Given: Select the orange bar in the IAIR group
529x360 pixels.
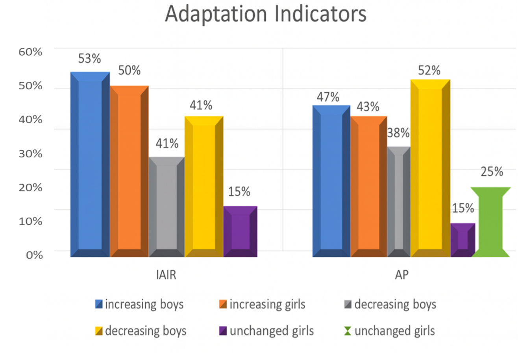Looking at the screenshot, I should point(129,171).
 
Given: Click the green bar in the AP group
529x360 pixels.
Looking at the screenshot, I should point(490,222).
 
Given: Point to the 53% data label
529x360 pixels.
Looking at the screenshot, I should point(90,59).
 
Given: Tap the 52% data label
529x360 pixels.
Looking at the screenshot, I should point(429,70).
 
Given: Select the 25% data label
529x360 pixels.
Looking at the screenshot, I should point(492,172).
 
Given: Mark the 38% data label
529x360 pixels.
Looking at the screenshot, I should point(398,133).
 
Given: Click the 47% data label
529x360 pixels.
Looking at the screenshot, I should point(328,97).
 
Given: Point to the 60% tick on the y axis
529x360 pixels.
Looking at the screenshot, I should point(30,52).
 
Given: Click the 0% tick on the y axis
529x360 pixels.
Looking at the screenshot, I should point(34,255).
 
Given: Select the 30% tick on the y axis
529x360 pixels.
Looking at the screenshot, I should point(30,153).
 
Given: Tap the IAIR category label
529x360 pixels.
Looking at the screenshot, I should point(166,275).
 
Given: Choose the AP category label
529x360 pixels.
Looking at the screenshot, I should point(401,275).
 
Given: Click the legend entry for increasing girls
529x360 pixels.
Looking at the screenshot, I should point(262,304).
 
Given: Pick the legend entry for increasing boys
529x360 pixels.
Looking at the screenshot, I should point(139,304).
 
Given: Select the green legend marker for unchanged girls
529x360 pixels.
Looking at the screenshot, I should point(347,331).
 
